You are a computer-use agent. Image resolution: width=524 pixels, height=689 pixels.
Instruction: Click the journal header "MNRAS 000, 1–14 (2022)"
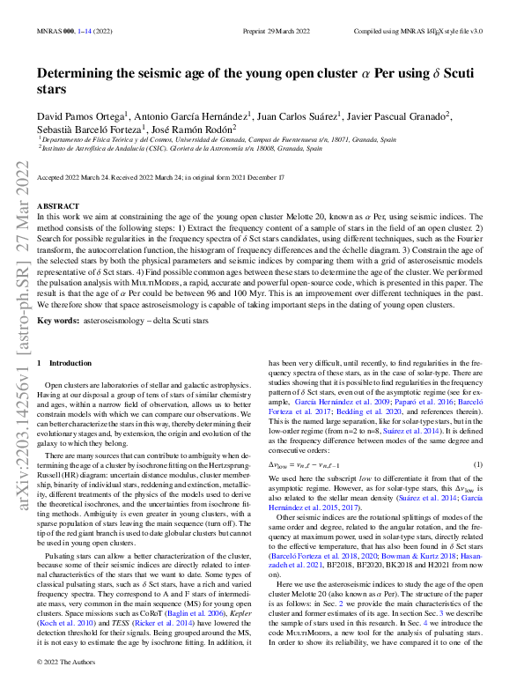pos(76,31)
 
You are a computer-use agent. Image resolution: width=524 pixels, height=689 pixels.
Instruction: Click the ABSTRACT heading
pos(60,205)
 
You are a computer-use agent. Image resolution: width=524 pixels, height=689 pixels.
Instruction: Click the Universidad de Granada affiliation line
pos(216,139)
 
